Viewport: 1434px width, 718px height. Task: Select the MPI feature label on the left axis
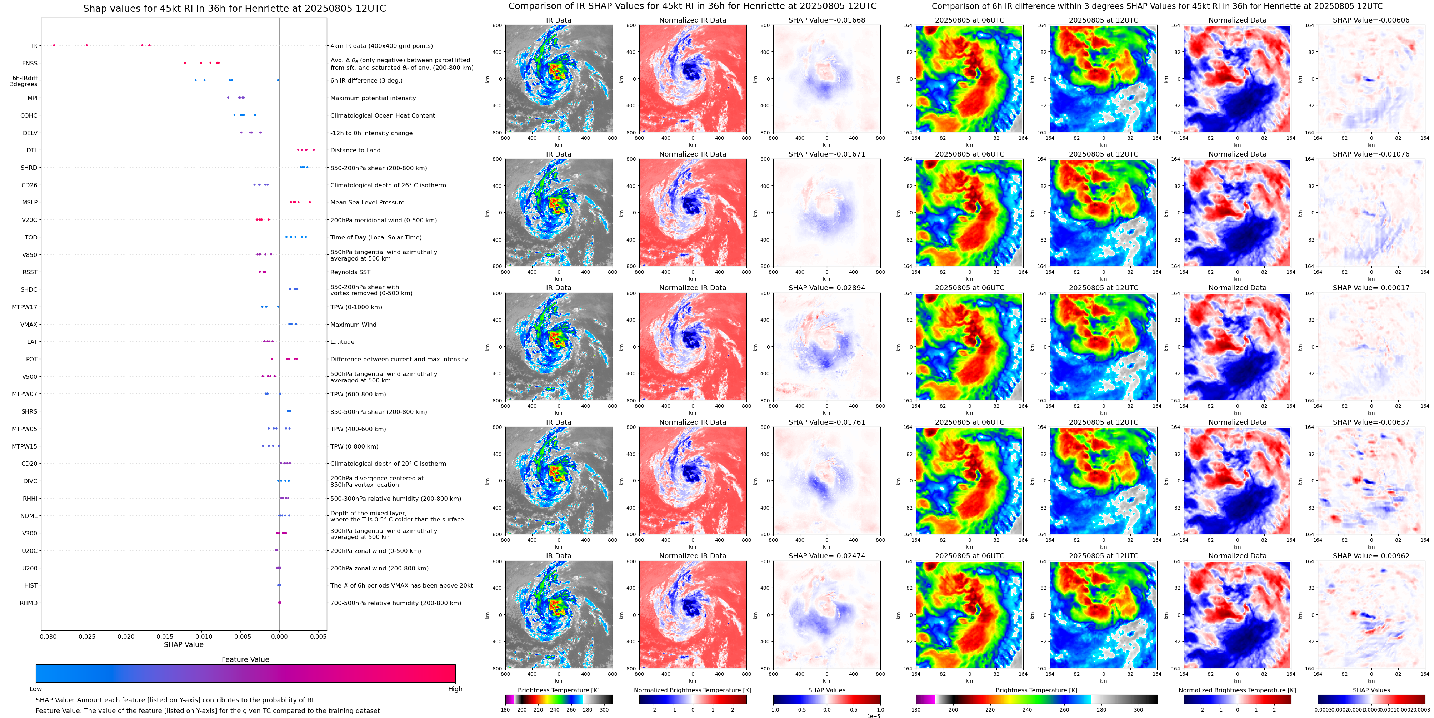pyautogui.click(x=32, y=98)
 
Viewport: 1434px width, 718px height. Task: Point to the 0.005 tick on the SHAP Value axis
pyautogui.click(x=318, y=636)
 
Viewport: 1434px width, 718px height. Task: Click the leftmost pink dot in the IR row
pyautogui.click(x=54, y=45)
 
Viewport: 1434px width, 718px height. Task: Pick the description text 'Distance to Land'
pyautogui.click(x=355, y=150)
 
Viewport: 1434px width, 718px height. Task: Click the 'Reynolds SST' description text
pyautogui.click(x=350, y=272)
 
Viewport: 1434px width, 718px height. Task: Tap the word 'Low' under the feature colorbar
pyautogui.click(x=36, y=689)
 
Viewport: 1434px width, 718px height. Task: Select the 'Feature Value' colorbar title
pyautogui.click(x=245, y=659)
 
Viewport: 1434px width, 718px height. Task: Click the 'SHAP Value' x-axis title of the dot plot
pyautogui.click(x=183, y=644)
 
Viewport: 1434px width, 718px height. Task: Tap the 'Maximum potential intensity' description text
pyautogui.click(x=373, y=98)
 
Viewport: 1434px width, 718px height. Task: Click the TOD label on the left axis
pyautogui.click(x=31, y=237)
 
